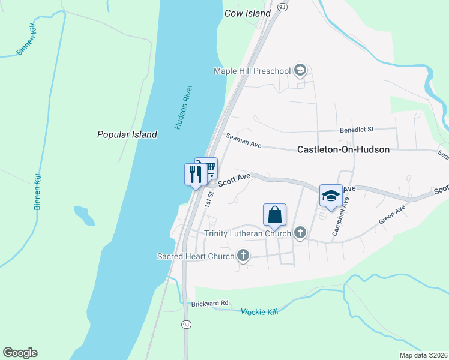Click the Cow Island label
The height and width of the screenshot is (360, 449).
point(247,13)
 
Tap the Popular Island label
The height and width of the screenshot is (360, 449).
point(127,134)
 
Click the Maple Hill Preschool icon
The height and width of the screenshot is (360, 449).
point(301,71)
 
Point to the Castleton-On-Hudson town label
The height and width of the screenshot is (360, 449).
point(343,149)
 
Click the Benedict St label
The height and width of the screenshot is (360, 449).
point(357,129)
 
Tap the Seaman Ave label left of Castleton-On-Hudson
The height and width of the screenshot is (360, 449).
point(244,142)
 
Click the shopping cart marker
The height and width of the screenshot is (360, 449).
point(208,168)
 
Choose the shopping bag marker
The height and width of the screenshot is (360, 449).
point(274,215)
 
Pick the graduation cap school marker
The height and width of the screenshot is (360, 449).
point(330,196)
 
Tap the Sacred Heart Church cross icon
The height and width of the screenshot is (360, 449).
point(243,256)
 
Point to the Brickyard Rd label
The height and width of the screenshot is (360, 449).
point(210,304)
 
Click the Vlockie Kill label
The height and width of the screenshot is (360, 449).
point(260,312)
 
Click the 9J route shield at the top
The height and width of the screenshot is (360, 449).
point(283,5)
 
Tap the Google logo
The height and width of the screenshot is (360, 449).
point(20,353)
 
